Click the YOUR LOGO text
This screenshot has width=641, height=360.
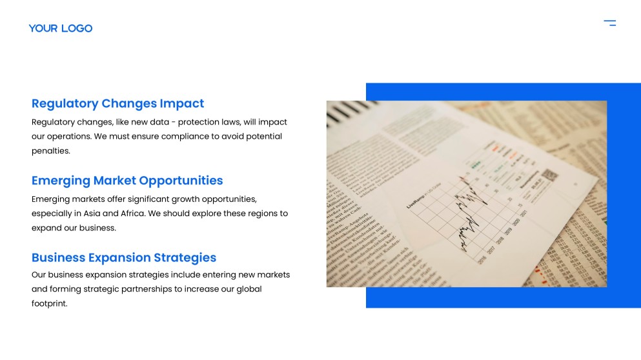point(60,28)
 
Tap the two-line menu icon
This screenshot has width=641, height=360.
point(609,23)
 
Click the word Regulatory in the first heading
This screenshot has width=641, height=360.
point(65,103)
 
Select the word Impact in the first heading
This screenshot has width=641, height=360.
point(182,103)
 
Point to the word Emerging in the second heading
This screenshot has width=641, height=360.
point(61,181)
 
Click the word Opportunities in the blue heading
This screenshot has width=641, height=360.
point(181,181)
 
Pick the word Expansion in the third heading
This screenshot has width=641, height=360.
point(120,257)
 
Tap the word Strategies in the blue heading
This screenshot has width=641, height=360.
point(185,257)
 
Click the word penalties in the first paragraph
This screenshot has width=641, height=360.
point(50,151)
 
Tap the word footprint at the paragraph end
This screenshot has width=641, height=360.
point(48,303)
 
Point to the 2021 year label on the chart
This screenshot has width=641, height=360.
point(524,214)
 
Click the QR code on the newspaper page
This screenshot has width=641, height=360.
point(549,175)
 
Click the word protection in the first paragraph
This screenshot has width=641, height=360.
point(199,122)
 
